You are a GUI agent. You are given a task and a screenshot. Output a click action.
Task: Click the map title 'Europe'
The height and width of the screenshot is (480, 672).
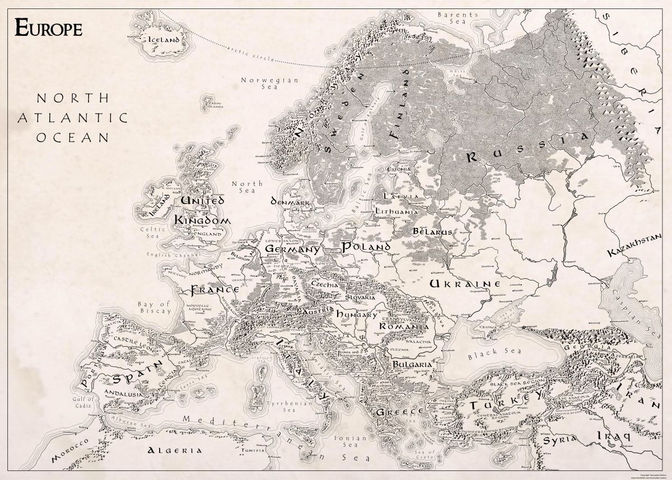[49, 27]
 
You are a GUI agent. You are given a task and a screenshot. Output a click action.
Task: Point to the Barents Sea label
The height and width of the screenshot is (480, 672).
[458, 17]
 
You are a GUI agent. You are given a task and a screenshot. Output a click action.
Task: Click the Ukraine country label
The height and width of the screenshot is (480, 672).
[464, 284]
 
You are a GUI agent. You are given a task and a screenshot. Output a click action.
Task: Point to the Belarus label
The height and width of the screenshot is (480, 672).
[432, 231]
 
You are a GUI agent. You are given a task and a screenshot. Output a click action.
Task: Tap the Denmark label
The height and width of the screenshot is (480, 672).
[290, 201]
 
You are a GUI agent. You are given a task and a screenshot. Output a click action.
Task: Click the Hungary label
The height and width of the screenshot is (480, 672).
[356, 315]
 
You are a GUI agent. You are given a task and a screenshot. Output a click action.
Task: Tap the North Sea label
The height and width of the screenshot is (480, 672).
[247, 187]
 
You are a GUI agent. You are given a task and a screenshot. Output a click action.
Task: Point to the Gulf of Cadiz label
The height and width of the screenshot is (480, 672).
[83, 402]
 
